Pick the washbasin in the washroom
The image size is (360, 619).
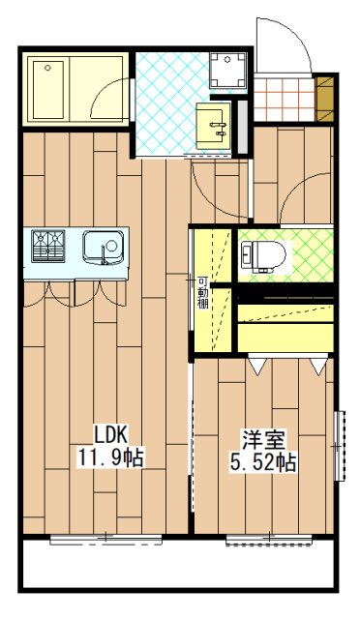click(x=215, y=124)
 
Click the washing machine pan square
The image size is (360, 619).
click(x=229, y=65)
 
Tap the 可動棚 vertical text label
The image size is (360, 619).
click(x=203, y=290)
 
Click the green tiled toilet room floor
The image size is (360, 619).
click(x=310, y=253)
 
